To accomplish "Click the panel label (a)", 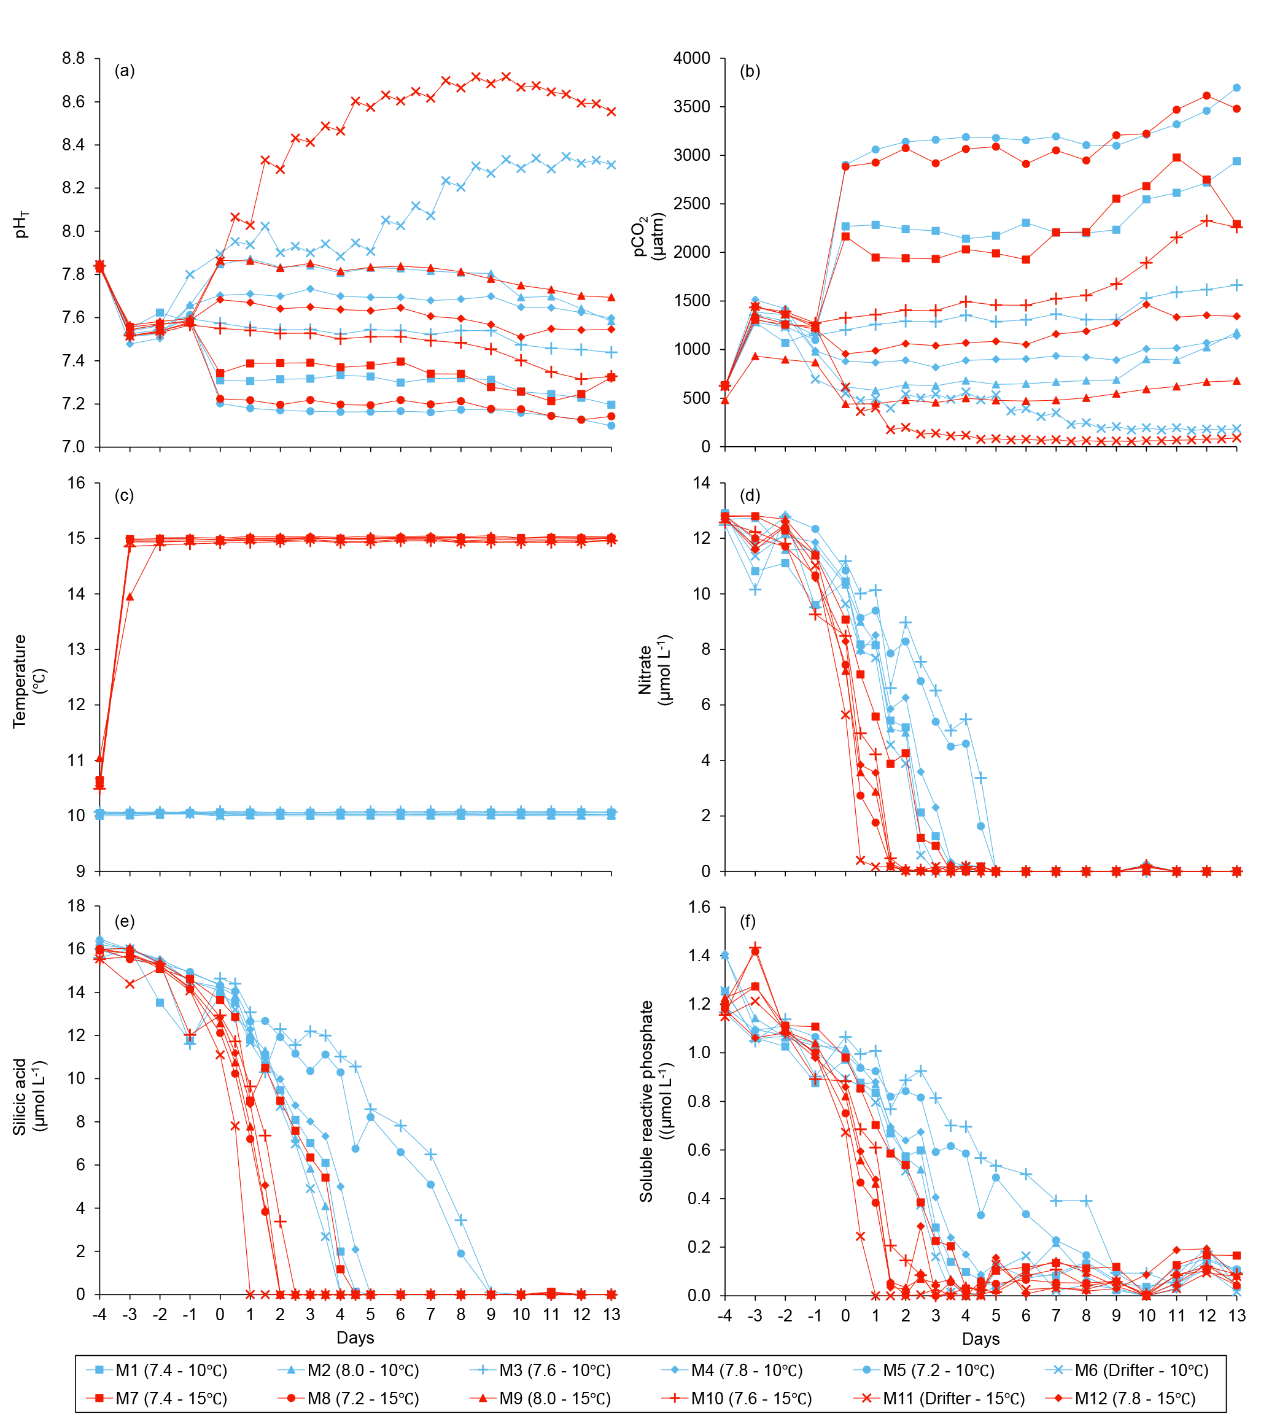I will [x=125, y=71].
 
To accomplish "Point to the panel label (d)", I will [x=750, y=496].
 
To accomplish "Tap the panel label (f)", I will [x=748, y=921].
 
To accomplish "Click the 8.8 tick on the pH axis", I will [x=73, y=58].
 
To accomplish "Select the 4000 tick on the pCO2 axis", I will [x=691, y=58].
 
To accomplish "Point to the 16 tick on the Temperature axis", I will [x=77, y=483].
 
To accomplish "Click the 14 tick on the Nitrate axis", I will [x=701, y=483].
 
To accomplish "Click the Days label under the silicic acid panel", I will [x=355, y=1337].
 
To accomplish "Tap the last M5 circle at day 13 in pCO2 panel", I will [x=1236, y=88].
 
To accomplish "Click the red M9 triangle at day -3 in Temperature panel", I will [x=130, y=597].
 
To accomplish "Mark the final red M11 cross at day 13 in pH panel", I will [x=611, y=112].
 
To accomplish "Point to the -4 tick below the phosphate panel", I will [x=724, y=1315].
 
